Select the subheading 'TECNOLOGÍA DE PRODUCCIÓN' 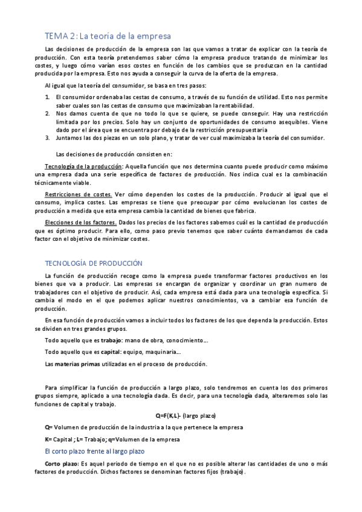[94, 263]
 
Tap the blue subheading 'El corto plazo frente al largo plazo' [99, 451]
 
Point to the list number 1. [48, 97]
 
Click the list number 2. [48, 113]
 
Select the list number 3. [48, 137]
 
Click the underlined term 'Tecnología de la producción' [83, 166]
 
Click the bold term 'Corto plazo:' [62, 463]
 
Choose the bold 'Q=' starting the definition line [50, 427]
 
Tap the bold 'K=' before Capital [49, 439]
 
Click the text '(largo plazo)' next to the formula [199, 415]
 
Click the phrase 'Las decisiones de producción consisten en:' [113, 153]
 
